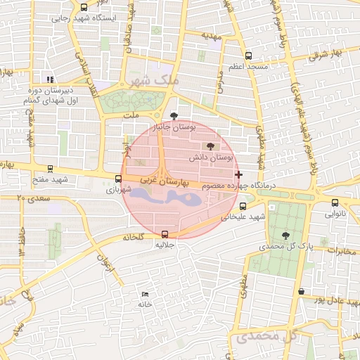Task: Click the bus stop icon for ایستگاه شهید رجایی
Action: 84,8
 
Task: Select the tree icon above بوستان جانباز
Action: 174,116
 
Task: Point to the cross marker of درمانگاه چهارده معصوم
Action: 239,174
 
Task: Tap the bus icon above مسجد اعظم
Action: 247,56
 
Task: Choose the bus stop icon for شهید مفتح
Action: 49,169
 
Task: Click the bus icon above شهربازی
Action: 118,179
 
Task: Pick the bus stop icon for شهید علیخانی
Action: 243,206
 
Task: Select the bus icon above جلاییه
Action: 165,235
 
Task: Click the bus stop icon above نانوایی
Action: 335,202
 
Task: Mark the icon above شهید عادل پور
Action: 302,291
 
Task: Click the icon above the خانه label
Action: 146,294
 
